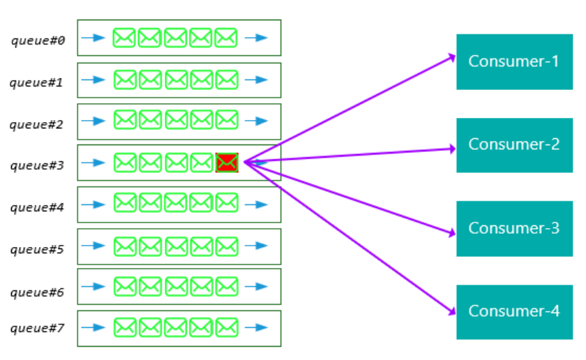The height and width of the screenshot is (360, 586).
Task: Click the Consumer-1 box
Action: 514,61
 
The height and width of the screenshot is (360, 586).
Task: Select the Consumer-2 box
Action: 514,145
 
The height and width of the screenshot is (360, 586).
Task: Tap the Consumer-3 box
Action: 514,228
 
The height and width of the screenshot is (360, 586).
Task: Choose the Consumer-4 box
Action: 514,311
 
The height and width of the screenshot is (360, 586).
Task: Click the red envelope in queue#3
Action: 227,163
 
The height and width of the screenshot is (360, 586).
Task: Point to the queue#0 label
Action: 38,40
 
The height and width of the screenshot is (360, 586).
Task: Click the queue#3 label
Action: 38,165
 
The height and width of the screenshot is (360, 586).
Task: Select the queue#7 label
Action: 38,328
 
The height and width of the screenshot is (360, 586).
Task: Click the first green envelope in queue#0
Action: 124,38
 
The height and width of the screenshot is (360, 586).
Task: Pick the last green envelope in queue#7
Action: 227,327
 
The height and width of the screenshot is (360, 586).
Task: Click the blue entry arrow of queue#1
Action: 93,80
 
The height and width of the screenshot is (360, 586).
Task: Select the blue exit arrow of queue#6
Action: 256,286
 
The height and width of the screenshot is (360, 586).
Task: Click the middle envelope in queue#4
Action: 176,204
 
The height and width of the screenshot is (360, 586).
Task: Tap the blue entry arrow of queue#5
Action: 93,246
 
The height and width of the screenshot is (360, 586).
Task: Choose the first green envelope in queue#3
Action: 124,163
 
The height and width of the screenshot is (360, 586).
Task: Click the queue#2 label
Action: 38,125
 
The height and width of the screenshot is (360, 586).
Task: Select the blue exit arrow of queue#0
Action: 256,38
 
